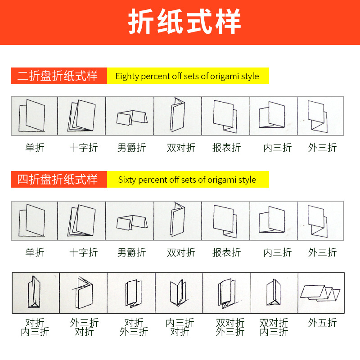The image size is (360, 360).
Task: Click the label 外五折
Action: pos(322,323)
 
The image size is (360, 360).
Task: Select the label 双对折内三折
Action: pos(274,327)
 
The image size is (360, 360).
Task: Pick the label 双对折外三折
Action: pos(230,327)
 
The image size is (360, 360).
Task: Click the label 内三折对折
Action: pos(180,327)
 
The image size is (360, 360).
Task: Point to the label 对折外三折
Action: pos(134,327)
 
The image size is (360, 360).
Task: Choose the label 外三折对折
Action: pos(84,327)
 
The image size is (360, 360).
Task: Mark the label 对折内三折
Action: pos(35,327)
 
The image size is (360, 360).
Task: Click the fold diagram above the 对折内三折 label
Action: pos(35,293)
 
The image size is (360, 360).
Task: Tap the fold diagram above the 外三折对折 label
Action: pos(83,293)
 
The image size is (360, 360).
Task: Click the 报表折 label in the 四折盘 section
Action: pos(226,252)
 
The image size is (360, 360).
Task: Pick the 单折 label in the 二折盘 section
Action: pos(35,147)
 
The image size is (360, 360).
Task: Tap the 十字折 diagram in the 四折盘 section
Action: pos(81,220)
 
